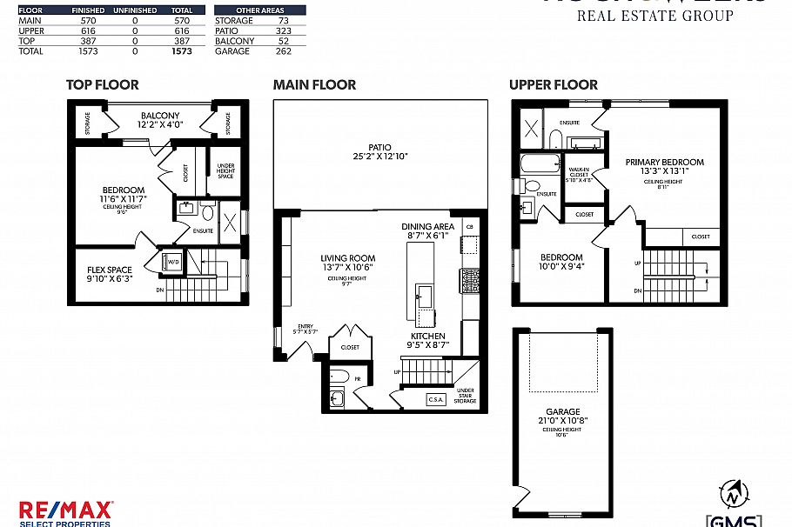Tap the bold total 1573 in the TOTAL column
[x=182, y=51]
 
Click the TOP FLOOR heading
[x=103, y=85]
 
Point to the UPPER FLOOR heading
[x=554, y=85]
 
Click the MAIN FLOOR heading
[x=314, y=85]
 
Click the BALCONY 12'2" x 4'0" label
[x=159, y=121]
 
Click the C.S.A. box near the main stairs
[x=436, y=399]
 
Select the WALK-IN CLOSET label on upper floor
[x=580, y=175]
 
